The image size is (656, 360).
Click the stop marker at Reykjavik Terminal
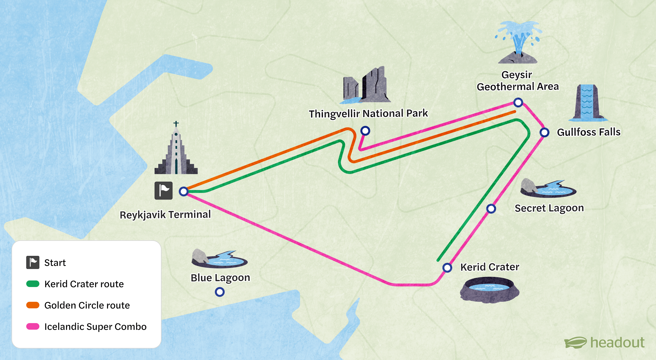click(183, 191)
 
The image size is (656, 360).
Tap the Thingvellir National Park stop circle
click(365, 131)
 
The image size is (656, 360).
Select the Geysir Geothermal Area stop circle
click(518, 103)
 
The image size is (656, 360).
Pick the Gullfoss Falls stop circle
click(544, 132)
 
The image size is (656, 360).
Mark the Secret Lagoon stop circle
click(491, 208)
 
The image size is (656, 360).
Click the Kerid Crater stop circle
click(447, 268)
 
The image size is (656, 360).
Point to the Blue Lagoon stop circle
click(220, 292)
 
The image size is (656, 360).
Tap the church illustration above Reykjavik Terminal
click(176, 150)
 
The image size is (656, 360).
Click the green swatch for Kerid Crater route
click(33, 284)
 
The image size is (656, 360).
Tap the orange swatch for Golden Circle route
click(33, 305)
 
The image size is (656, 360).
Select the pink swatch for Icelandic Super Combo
click(33, 326)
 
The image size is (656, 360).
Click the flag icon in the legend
click(33, 262)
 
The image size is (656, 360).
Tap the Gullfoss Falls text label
click(589, 132)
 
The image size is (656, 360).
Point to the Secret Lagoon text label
click(549, 208)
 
